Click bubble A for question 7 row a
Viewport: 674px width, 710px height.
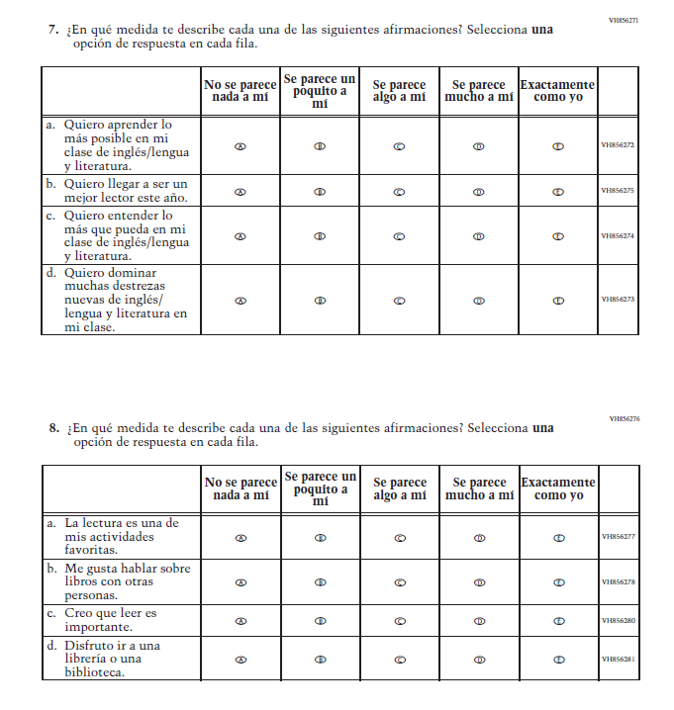click(x=241, y=145)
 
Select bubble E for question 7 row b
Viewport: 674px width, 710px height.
click(x=558, y=191)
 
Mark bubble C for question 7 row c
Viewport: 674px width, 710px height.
click(x=399, y=236)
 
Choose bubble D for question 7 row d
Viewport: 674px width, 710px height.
click(x=479, y=301)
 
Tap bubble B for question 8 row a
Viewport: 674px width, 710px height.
click(x=320, y=538)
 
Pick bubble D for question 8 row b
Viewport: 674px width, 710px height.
click(x=479, y=582)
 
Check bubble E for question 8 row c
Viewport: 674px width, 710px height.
click(x=558, y=621)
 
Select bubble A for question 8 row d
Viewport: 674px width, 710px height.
click(x=241, y=659)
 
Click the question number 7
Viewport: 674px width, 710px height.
click(x=53, y=30)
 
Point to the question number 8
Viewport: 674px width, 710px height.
click(x=53, y=428)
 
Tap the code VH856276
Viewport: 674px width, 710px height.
click(x=624, y=418)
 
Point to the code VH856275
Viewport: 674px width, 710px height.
click(x=618, y=191)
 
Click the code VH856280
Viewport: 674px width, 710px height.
click(x=619, y=621)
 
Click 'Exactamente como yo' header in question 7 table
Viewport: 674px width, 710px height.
click(x=557, y=92)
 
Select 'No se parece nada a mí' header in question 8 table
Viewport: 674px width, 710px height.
click(x=241, y=488)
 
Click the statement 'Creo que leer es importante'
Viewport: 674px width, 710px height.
click(x=111, y=620)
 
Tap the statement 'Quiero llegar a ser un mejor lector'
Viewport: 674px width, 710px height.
click(x=120, y=190)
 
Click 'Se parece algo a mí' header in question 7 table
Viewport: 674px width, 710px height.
click(x=399, y=92)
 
